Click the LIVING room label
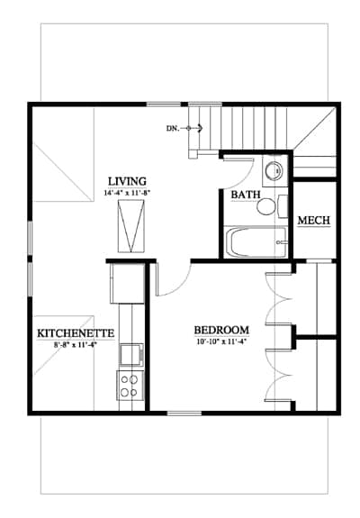pos(128,181)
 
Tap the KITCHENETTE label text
pos(76,333)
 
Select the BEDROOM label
pos(221,330)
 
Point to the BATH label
pos(246,195)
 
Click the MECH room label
pos(314,220)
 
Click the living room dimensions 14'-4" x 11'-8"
pos(128,194)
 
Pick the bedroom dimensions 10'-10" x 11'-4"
pos(221,342)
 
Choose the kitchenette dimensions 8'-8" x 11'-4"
pos(76,345)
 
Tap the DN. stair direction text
pos(173,129)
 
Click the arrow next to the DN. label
pos(194,128)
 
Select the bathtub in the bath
pos(255,242)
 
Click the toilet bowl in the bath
pos(266,207)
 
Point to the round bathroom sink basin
pos(274,171)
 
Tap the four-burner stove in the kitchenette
pos(130,386)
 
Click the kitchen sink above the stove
pos(131,354)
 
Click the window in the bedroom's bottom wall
pos(184,413)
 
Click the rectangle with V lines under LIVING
pos(131,227)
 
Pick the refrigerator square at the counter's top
pos(127,284)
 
